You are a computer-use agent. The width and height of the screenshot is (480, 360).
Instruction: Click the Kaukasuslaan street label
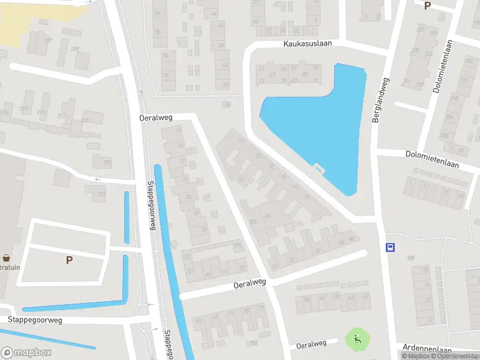coord(307,44)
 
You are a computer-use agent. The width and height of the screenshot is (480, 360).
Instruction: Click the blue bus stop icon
coord(391,247)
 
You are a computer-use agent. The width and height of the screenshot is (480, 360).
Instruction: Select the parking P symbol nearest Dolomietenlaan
coord(427,6)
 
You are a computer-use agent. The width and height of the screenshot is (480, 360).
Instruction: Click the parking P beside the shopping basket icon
coord(69,260)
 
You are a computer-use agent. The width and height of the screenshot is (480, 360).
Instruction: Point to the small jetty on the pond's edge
coord(316,169)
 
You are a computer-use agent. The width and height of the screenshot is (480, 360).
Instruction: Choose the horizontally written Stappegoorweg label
coord(35,320)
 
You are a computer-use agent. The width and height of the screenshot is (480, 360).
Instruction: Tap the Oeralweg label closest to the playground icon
coord(311,344)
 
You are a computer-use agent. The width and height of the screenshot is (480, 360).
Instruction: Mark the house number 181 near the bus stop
coord(411,259)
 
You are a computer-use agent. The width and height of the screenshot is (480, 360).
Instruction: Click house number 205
coord(75,49)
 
